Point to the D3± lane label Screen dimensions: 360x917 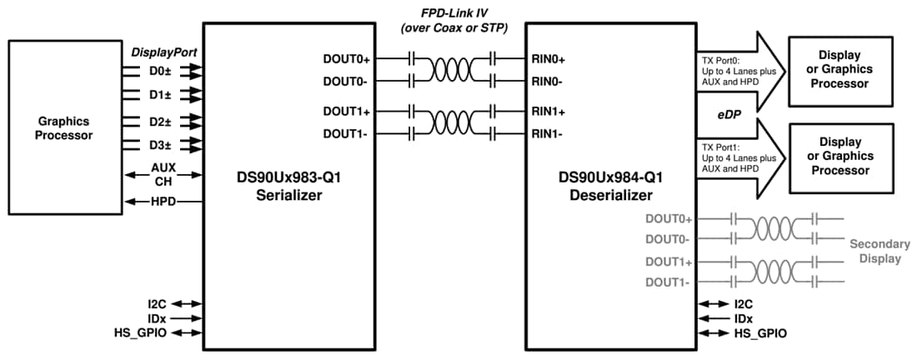point(161,144)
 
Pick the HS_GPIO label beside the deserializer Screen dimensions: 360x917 point(759,333)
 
